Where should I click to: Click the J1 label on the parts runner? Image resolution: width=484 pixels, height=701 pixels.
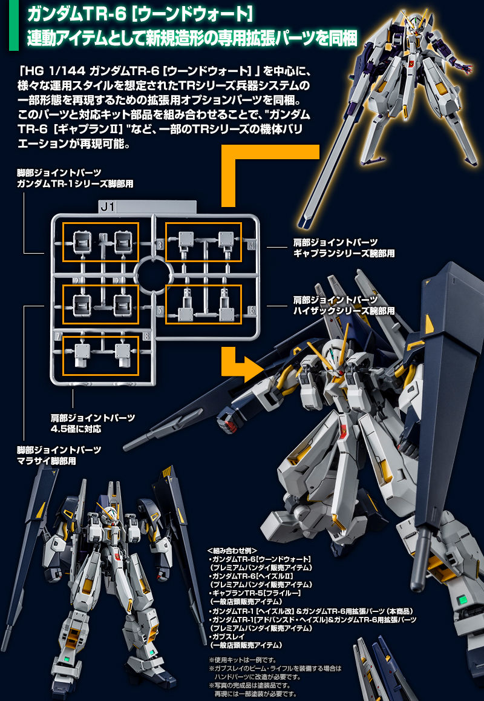click(x=108, y=207)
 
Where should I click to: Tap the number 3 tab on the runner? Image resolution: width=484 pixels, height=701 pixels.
click(x=160, y=245)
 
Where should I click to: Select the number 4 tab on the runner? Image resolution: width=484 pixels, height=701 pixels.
click(x=251, y=245)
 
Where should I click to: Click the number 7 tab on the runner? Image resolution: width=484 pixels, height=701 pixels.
click(x=58, y=335)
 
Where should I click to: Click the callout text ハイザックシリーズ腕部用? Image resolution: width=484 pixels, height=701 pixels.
click(x=344, y=311)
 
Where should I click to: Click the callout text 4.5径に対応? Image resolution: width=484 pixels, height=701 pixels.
click(x=76, y=429)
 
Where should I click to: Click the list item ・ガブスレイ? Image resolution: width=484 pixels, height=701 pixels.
click(x=228, y=637)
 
